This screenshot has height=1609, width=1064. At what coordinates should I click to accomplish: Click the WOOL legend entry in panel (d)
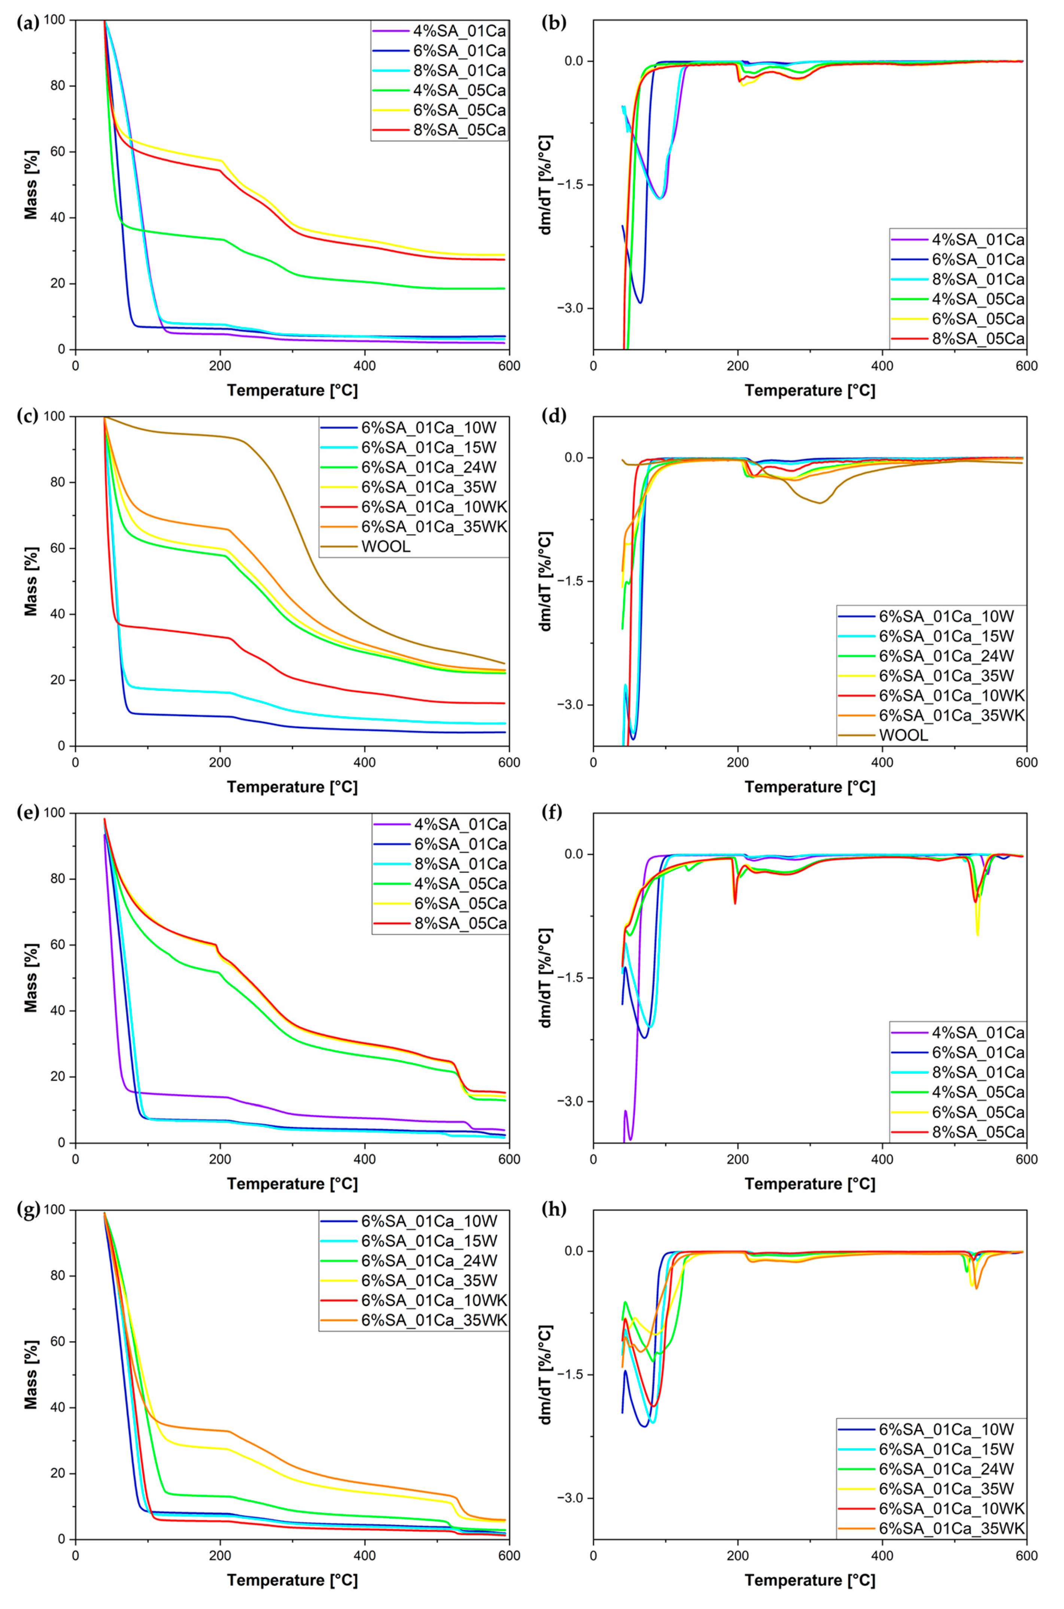pos(903,735)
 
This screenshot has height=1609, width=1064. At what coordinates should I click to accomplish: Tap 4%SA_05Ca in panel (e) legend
pos(459,884)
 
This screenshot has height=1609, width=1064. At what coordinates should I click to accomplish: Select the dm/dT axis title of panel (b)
pos(545,185)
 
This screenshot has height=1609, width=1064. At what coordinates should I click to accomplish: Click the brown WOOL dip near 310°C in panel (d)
pos(820,502)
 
